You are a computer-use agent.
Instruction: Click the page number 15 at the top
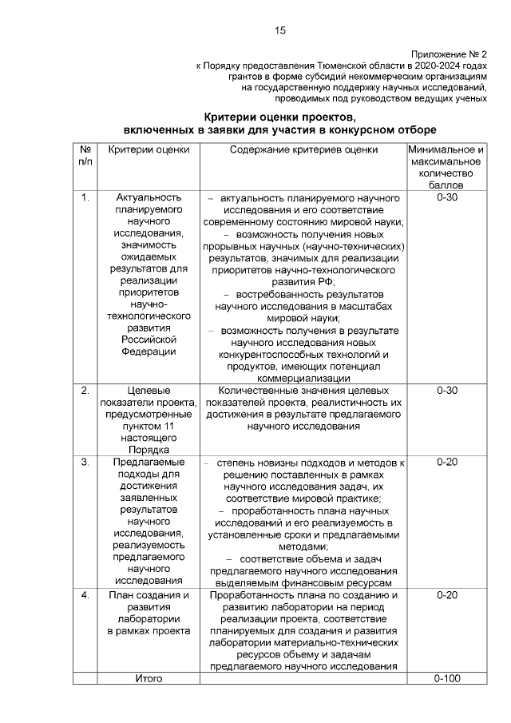tap(279, 30)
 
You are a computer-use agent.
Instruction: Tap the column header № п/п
tap(85, 155)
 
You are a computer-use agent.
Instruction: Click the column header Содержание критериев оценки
tap(303, 149)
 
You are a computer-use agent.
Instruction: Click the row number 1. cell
tap(85, 197)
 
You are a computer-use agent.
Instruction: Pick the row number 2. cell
tap(85, 391)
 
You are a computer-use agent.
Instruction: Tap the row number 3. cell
tap(85, 462)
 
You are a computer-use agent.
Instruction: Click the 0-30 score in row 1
tap(446, 197)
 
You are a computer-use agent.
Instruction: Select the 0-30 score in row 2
tap(446, 391)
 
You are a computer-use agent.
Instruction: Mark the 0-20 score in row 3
tap(446, 462)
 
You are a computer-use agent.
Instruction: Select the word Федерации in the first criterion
tap(148, 351)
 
